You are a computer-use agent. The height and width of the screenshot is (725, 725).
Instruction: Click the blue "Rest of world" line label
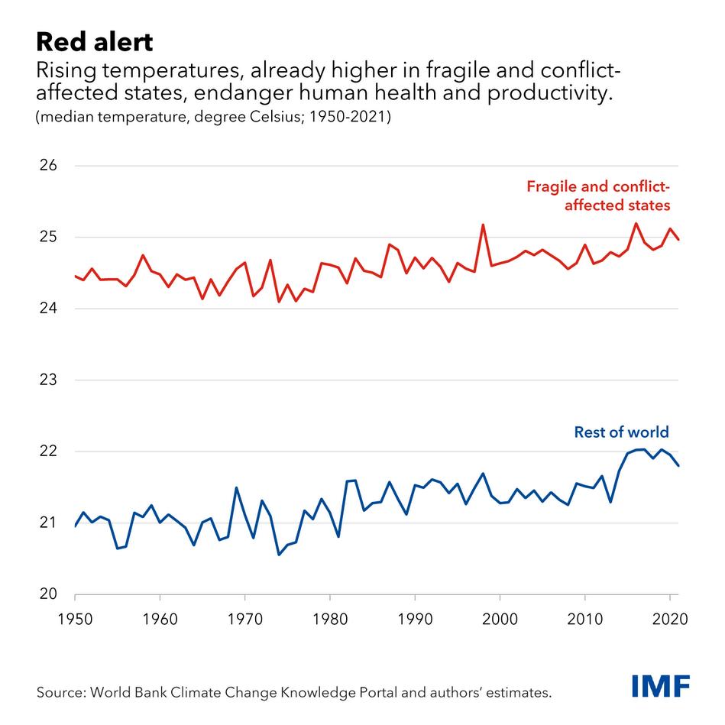pos(621,432)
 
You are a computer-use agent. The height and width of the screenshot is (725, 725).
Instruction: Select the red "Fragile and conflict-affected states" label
pos(598,196)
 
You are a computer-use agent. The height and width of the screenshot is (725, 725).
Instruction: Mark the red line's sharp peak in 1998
pos(483,225)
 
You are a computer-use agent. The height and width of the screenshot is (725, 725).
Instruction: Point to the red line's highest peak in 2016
pos(636,223)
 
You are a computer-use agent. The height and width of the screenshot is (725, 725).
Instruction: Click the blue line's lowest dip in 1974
pos(279,555)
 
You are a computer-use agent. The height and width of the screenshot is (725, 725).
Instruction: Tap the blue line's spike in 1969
pos(236,487)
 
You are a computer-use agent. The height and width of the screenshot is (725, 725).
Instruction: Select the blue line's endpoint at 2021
pos(678,466)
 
